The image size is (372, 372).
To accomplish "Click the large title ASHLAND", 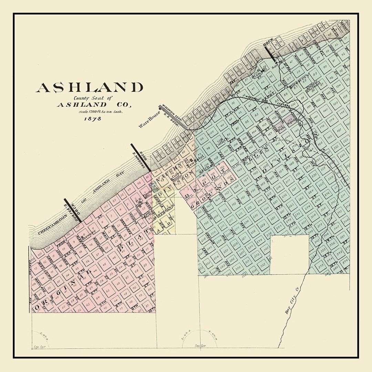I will pyautogui.click(x=89, y=87).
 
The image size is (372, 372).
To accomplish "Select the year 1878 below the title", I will pyautogui.click(x=92, y=119).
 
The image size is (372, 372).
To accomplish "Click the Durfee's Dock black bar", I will pyautogui.click(x=72, y=210).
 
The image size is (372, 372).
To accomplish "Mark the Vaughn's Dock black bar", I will pyautogui.click(x=141, y=157).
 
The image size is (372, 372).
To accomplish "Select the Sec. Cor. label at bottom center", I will pyautogui.click(x=197, y=345).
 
